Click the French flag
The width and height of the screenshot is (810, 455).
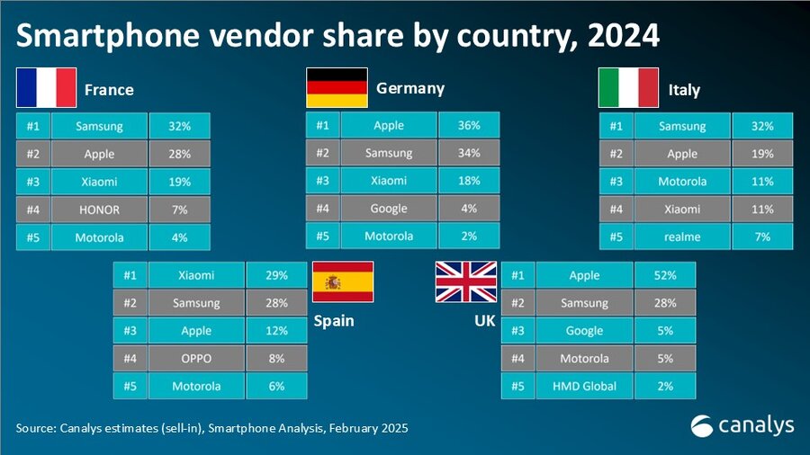pyautogui.click(x=46, y=87)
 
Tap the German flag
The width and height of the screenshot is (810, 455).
pyautogui.click(x=337, y=87)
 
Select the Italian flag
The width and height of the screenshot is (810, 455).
pyautogui.click(x=628, y=87)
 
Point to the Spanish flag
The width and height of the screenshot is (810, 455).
pyautogui.click(x=343, y=281)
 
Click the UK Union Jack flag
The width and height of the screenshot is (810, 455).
pyautogui.click(x=465, y=281)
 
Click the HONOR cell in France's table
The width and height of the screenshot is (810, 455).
pyautogui.click(x=99, y=210)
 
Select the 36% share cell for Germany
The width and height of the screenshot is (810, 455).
pyautogui.click(x=468, y=126)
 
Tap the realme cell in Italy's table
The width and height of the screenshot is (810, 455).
pyautogui.click(x=682, y=237)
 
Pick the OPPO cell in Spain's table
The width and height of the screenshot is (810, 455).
pyautogui.click(x=196, y=358)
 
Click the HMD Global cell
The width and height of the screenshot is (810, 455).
pyautogui.click(x=583, y=386)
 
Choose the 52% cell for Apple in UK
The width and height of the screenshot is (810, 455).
pyautogui.click(x=665, y=275)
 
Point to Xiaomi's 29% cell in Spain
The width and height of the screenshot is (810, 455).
pyautogui.click(x=275, y=275)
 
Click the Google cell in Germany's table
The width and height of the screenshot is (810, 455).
pyautogui.click(x=389, y=209)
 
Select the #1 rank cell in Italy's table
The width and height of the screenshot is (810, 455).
pyautogui.click(x=616, y=126)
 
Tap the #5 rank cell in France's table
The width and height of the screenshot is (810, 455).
pyautogui.click(x=32, y=237)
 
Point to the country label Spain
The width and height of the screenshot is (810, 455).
pyautogui.click(x=335, y=320)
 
